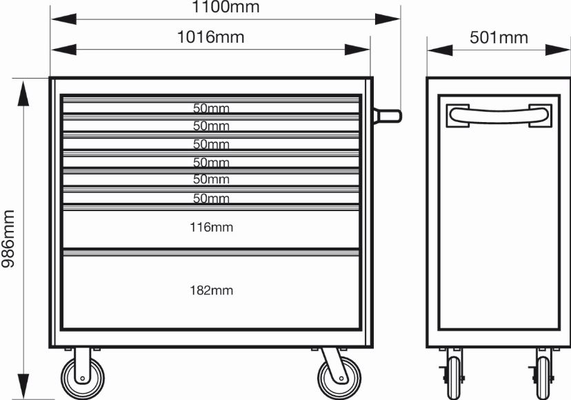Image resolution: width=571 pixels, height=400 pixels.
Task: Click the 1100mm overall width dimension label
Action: pos(226,7)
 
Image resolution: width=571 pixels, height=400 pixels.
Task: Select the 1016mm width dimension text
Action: pos(210,37)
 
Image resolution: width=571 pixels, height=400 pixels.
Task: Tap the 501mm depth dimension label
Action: pos(499,37)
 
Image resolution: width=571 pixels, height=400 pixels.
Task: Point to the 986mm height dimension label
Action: pos(8,239)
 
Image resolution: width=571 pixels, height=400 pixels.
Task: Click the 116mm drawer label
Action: pos(211,228)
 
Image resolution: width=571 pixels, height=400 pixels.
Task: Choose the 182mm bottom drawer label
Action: pos(211,290)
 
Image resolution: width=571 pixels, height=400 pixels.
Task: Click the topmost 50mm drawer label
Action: pos(211,108)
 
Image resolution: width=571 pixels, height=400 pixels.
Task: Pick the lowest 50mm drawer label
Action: pos(211,198)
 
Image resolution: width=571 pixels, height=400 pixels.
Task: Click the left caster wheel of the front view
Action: pos(83,378)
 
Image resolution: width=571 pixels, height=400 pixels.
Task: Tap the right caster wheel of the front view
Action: pos(339,378)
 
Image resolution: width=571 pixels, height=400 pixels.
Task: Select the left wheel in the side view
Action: pos(454,377)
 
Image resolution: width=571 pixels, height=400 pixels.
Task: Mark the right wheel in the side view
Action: pos(543,377)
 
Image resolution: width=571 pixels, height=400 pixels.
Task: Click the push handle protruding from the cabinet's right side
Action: pos(387,117)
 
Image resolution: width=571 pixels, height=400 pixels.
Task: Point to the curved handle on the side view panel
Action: pos(499,115)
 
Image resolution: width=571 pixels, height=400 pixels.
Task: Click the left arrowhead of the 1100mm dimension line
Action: pos(63,19)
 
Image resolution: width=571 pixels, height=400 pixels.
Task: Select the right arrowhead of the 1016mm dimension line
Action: pos(357,50)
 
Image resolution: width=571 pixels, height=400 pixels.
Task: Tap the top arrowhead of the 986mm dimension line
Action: pos(23,94)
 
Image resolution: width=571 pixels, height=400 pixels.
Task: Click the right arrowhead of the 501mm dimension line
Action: pos(557,50)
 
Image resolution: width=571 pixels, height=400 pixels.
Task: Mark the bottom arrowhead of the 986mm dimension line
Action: pos(23,386)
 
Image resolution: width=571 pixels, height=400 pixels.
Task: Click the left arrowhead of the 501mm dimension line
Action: pos(440,50)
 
